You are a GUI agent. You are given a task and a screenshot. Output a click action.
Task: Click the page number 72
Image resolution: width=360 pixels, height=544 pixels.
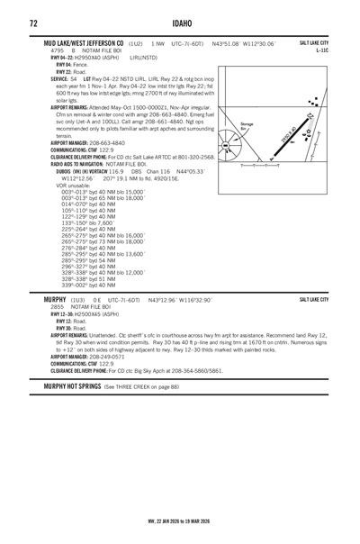tap(32, 22)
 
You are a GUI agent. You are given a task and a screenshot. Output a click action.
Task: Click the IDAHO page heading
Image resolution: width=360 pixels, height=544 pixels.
tap(180, 22)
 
